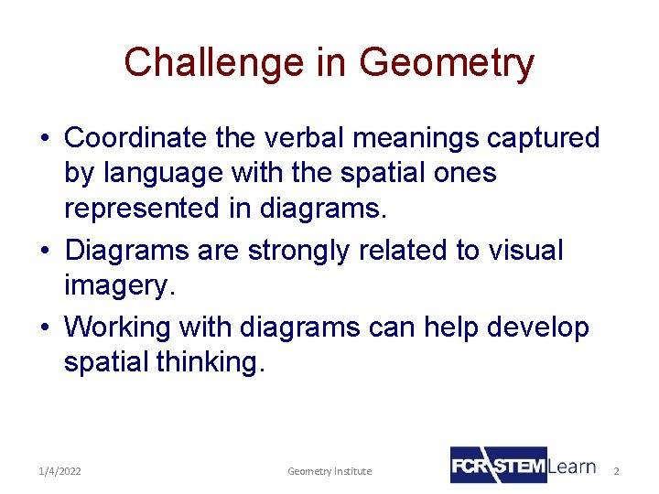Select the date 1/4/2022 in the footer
pyautogui.click(x=60, y=471)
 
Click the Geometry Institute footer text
pyautogui.click(x=329, y=471)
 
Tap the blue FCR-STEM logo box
pyautogui.click(x=498, y=465)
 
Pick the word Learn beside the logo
pyautogui.click(x=572, y=467)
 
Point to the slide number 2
pyautogui.click(x=616, y=471)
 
